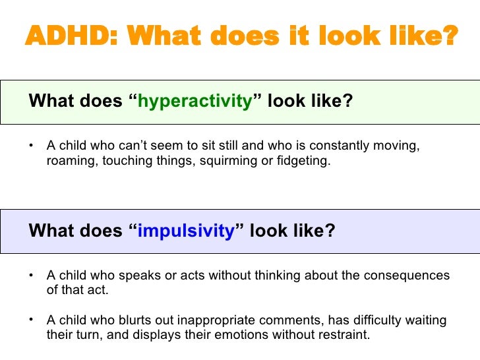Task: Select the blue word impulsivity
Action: click(x=186, y=231)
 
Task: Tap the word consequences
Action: click(x=406, y=276)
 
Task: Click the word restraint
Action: click(x=344, y=334)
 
